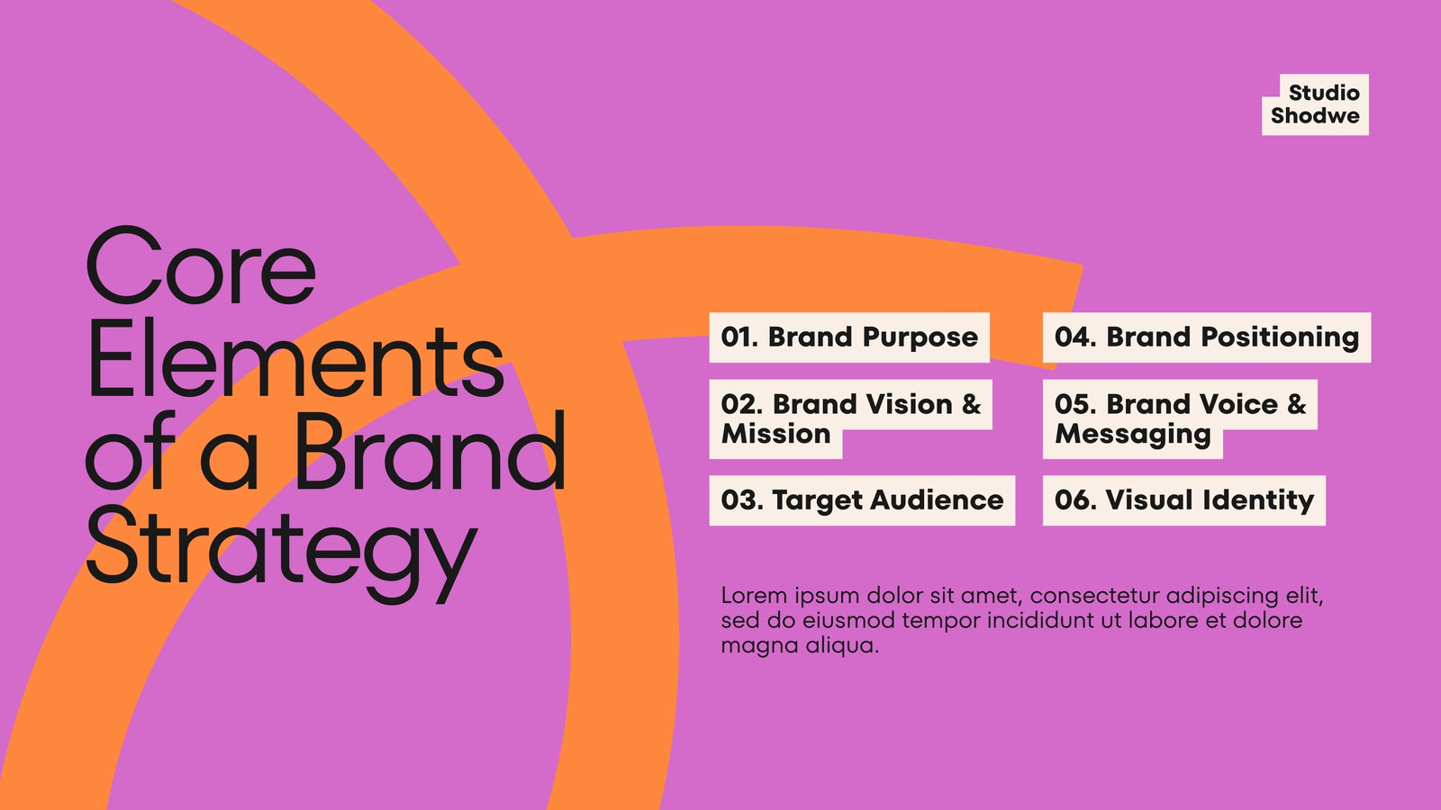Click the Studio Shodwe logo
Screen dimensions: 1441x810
point(1315,104)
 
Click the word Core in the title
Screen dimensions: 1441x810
point(201,265)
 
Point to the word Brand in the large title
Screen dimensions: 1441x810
point(430,450)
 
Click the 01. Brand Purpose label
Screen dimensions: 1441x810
point(849,337)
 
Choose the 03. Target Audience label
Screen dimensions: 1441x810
point(862,500)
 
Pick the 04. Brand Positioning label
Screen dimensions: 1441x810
point(1207,337)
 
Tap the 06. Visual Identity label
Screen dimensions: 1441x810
point(1183,500)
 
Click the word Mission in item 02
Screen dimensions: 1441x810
point(775,434)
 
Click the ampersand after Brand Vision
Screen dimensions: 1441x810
point(972,404)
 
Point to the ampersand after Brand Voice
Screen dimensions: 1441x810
point(1297,404)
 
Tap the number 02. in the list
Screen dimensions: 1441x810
point(742,404)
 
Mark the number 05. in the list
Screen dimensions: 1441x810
point(1075,404)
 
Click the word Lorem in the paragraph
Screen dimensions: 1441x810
point(753,595)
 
